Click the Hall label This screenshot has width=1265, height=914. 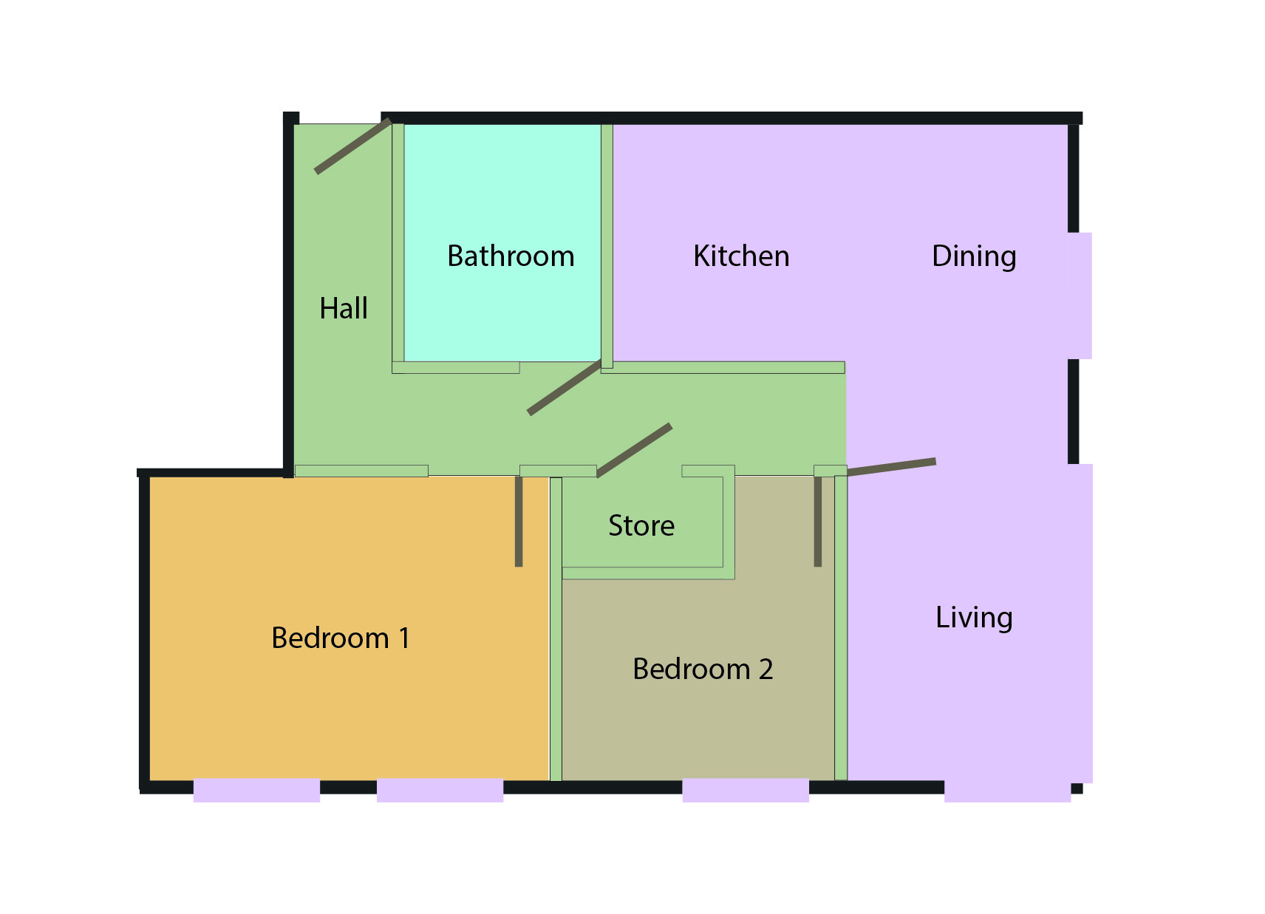[x=344, y=308]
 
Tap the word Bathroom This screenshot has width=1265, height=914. [x=511, y=256]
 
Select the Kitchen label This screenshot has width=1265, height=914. [x=741, y=256]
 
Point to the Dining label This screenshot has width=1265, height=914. [x=974, y=257]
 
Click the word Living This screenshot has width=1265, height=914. [x=974, y=618]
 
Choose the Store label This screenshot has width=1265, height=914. [x=641, y=525]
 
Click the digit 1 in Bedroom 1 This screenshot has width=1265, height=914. [x=403, y=638]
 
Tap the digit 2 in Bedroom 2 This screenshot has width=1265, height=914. [x=766, y=669]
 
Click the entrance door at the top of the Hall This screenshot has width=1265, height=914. [x=353, y=146]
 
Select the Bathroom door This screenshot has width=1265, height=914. [x=565, y=387]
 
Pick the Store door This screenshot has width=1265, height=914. [x=634, y=451]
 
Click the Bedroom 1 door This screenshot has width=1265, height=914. [x=519, y=522]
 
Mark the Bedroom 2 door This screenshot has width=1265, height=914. [x=817, y=522]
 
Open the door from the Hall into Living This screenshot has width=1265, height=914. [x=891, y=468]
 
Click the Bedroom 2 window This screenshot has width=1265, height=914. [x=746, y=791]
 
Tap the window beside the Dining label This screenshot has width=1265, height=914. [x=1080, y=296]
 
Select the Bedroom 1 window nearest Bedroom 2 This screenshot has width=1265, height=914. [x=440, y=791]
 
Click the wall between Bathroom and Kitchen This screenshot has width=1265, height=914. [x=607, y=246]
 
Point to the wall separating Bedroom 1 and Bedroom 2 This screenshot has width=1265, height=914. [x=556, y=630]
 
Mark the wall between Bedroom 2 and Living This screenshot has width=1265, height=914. [x=841, y=628]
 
